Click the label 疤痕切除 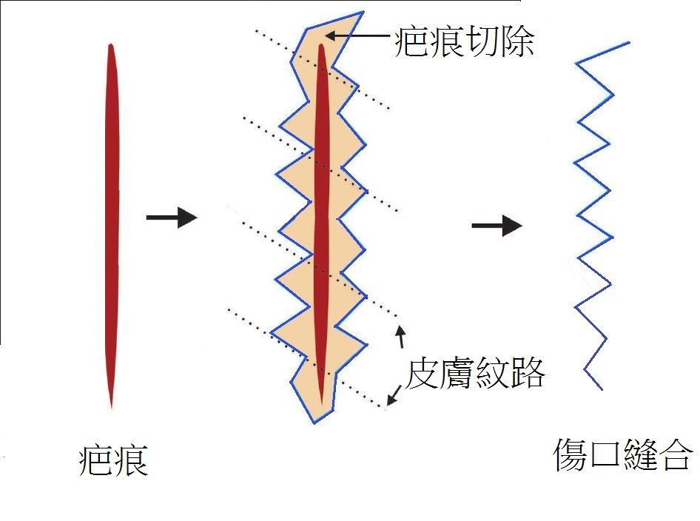pos(464,41)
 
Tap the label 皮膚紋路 pos(474,373)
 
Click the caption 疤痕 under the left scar pos(113,460)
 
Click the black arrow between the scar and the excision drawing pos(172,218)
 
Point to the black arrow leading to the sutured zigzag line pos(497,225)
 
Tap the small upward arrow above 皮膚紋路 pos(401,337)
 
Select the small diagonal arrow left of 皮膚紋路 pos(394,395)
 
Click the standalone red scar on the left pos(112,226)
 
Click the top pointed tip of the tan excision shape pos(363,12)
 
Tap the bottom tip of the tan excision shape pos(314,423)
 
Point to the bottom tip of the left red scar pos(111,407)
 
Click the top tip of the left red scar pos(110,44)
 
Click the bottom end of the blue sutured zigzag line pos(602,389)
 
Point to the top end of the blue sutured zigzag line pos(630,43)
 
